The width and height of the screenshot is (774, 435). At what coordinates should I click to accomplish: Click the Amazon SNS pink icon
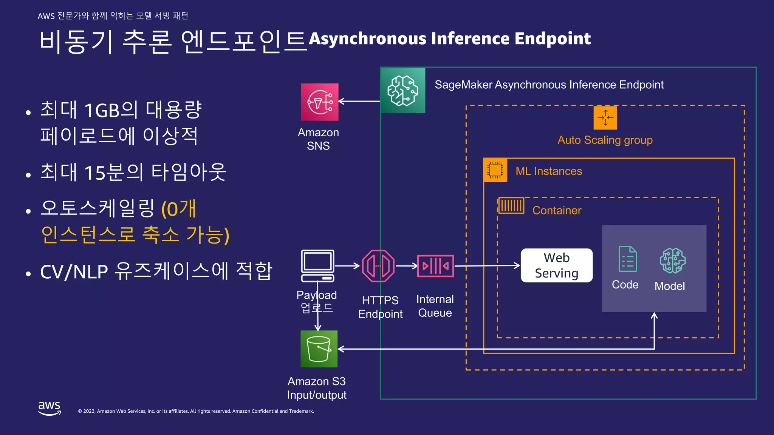tap(320, 102)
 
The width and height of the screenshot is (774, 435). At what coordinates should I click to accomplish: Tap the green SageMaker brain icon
tap(403, 91)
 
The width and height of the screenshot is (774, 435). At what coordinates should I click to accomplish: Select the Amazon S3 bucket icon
tap(319, 349)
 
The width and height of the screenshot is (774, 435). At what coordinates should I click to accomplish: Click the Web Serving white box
tap(556, 265)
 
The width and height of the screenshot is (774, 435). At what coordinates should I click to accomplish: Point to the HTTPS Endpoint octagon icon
tap(378, 266)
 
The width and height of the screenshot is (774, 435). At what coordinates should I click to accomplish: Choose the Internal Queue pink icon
tap(435, 266)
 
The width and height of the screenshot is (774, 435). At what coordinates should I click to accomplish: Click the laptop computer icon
tap(318, 265)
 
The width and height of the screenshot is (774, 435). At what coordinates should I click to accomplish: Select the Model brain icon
tap(672, 261)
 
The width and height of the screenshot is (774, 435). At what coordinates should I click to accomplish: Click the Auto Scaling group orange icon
tap(605, 118)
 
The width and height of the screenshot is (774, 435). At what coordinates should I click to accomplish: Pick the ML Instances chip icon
tap(495, 170)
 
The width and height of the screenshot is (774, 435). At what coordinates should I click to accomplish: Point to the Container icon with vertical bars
tap(511, 206)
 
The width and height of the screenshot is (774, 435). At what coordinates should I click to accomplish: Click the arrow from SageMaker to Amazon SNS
tap(359, 101)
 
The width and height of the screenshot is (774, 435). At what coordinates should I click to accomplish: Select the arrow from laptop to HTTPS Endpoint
tap(347, 266)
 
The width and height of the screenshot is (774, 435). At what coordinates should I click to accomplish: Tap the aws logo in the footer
tap(50, 408)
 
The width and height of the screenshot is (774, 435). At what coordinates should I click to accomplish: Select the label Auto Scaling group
tap(605, 140)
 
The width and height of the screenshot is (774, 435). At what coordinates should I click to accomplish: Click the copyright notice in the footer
tap(196, 411)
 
